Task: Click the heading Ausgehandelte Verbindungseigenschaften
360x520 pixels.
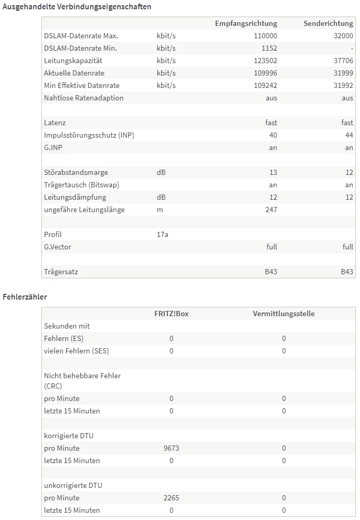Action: [77, 7]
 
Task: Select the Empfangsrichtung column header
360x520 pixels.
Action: [246, 23]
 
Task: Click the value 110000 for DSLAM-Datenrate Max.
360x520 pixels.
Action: [265, 36]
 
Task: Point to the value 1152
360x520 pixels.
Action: [269, 48]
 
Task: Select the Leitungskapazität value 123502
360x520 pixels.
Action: [265, 61]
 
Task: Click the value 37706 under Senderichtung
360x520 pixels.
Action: [343, 61]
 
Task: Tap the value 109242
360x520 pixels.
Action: [265, 85]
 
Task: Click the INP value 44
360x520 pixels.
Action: [349, 135]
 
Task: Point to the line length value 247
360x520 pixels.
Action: [271, 210]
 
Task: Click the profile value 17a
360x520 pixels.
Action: [162, 234]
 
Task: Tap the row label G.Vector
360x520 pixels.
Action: [57, 247]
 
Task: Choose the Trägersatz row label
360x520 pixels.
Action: [61, 272]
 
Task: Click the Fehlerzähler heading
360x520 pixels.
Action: [25, 297]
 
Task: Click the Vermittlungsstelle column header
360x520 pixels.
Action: [283, 314]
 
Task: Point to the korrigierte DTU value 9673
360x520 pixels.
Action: [171, 448]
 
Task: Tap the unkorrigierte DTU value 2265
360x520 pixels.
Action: [171, 498]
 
